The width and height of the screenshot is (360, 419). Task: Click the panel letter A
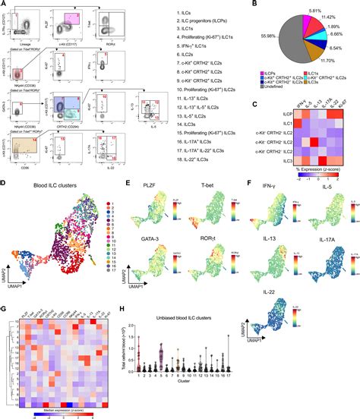5,5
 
